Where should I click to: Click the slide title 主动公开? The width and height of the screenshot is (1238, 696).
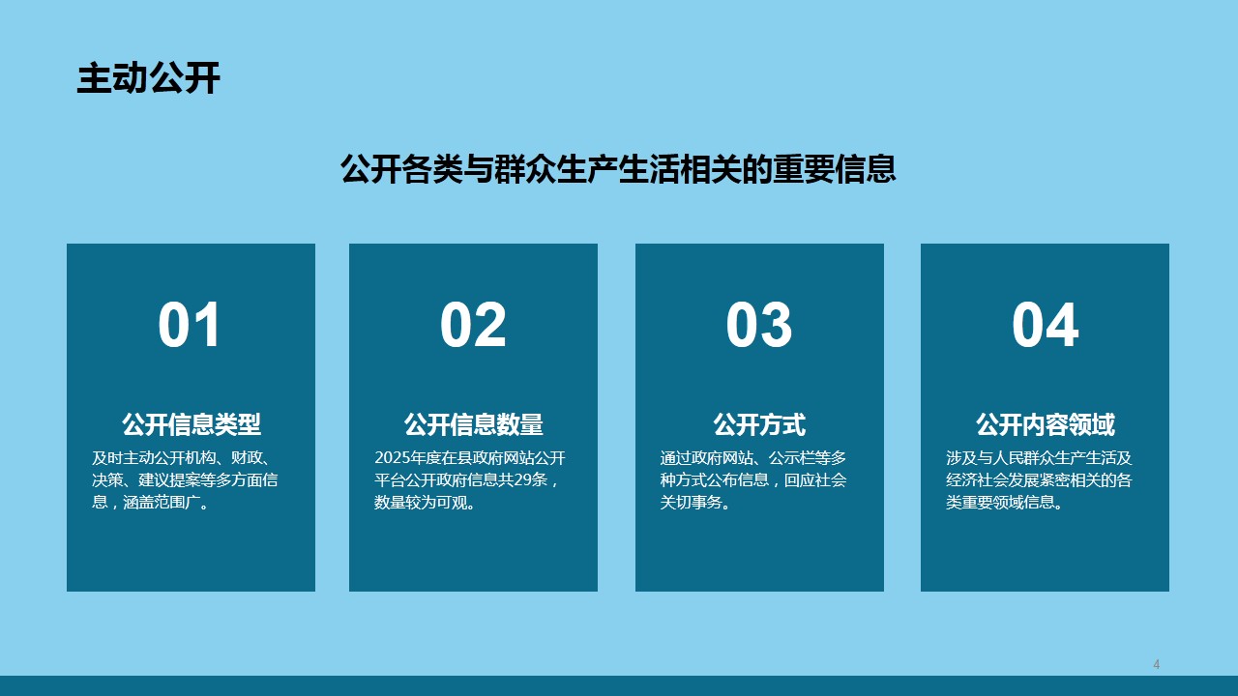point(148,78)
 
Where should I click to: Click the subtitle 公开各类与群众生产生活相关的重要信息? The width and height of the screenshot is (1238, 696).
point(618,168)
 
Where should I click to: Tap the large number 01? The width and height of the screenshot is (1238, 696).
point(190,325)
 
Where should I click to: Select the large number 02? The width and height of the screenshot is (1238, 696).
point(473,325)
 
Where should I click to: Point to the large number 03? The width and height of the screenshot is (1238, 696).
point(759,325)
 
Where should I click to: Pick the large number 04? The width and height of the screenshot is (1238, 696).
point(1046,325)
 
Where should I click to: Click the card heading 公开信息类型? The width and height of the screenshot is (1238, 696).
point(192,424)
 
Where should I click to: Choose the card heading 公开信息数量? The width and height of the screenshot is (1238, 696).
point(474,424)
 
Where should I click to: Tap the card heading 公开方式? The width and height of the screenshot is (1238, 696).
point(759,424)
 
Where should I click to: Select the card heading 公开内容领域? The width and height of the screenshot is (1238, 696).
point(1046,424)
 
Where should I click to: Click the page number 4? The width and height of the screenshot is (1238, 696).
point(1156,664)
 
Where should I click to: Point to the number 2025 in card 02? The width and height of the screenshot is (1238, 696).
point(392,458)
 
